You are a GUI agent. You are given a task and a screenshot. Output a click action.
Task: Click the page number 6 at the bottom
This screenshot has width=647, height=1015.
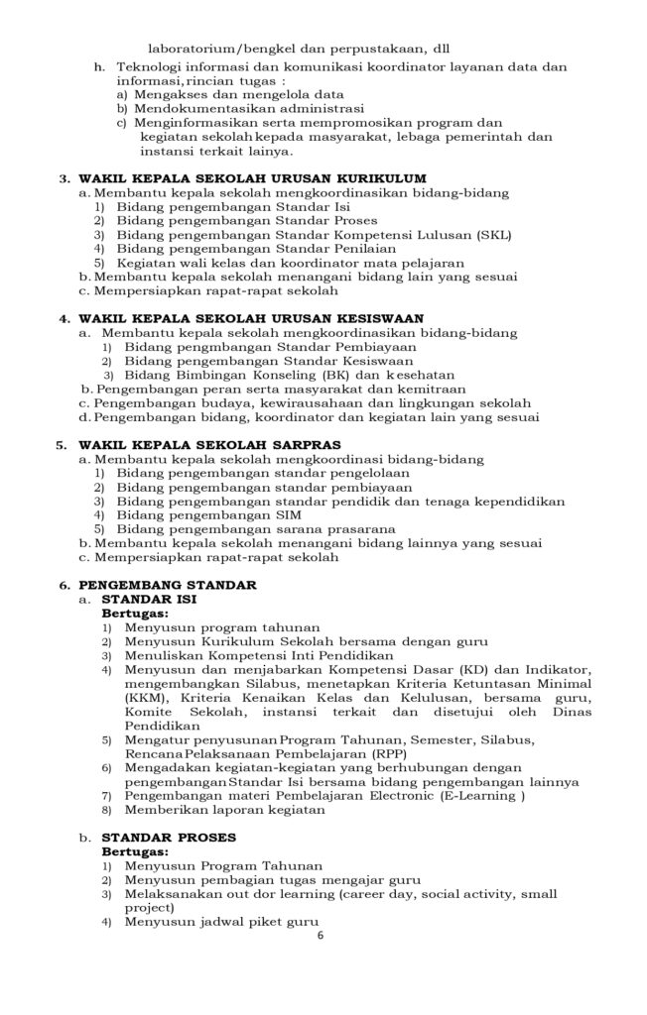click(321, 935)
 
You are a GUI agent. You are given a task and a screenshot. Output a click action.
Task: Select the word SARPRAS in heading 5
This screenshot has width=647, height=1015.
click(303, 445)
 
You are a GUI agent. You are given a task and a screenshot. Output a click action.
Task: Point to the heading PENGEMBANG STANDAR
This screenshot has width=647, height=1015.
click(168, 585)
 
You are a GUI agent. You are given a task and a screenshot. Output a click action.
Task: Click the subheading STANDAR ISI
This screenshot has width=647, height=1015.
click(150, 600)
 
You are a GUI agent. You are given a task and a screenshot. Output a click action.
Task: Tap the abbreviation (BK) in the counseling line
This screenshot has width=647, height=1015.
click(311, 375)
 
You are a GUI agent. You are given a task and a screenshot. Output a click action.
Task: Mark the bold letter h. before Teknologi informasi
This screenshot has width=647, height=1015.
click(99, 66)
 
